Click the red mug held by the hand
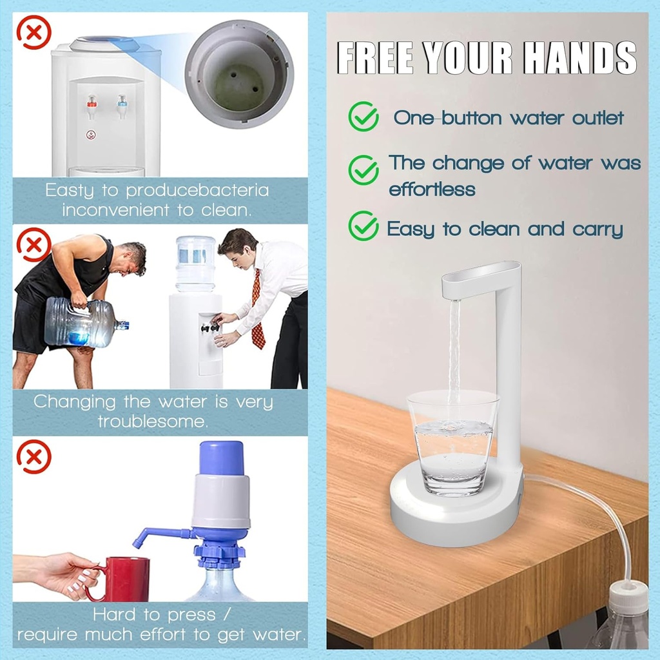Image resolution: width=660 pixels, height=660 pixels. [125, 579]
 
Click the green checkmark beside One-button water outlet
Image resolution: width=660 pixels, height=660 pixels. [363, 117]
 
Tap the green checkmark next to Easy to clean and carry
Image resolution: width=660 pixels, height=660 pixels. [363, 226]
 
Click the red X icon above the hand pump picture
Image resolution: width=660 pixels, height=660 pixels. [34, 457]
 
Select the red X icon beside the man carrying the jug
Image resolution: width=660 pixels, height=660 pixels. [34, 245]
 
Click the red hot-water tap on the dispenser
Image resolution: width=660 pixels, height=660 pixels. [92, 104]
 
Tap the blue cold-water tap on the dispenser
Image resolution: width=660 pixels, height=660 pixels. [121, 103]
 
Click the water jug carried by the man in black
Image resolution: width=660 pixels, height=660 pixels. [81, 322]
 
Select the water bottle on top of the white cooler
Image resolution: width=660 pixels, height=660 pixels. [195, 263]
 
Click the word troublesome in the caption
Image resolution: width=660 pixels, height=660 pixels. [153, 422]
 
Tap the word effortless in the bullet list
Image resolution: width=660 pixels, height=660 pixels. [432, 189]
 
